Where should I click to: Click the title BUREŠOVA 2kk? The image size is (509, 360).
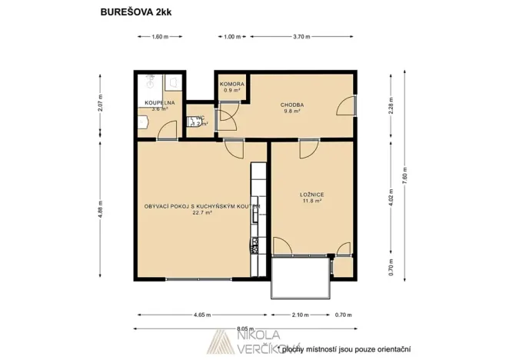(x=131, y=12)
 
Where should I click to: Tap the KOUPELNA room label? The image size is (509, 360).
(x=160, y=102)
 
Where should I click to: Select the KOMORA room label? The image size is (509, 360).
(x=231, y=84)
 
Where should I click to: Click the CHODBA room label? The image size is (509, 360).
(x=291, y=105)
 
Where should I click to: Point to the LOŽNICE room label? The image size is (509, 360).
(x=311, y=195)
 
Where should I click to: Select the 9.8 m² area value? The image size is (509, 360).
(x=291, y=111)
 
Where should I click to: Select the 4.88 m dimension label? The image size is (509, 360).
(x=100, y=208)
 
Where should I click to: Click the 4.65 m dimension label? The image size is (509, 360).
(x=202, y=314)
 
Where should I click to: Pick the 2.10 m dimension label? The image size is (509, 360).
(x=301, y=314)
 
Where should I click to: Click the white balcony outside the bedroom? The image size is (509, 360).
(x=301, y=278)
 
